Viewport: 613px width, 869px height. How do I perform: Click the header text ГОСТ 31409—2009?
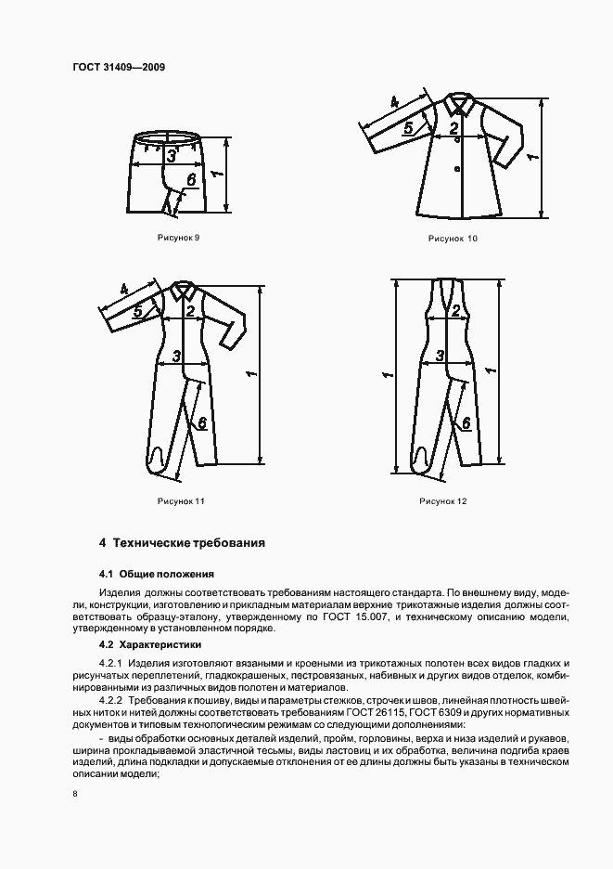coord(112,68)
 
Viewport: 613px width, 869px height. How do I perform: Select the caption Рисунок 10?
coord(453,239)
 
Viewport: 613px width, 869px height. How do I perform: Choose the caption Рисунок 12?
coord(442,501)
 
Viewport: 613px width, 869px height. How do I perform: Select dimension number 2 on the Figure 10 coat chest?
coord(453,129)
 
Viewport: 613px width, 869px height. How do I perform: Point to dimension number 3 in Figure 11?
coord(176,357)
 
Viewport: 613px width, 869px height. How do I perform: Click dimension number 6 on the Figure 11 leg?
coord(200,422)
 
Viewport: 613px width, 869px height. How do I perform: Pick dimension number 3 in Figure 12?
coord(441,356)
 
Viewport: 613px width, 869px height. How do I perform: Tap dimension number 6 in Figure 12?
coord(466,422)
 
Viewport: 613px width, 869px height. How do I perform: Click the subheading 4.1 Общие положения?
coord(156,574)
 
